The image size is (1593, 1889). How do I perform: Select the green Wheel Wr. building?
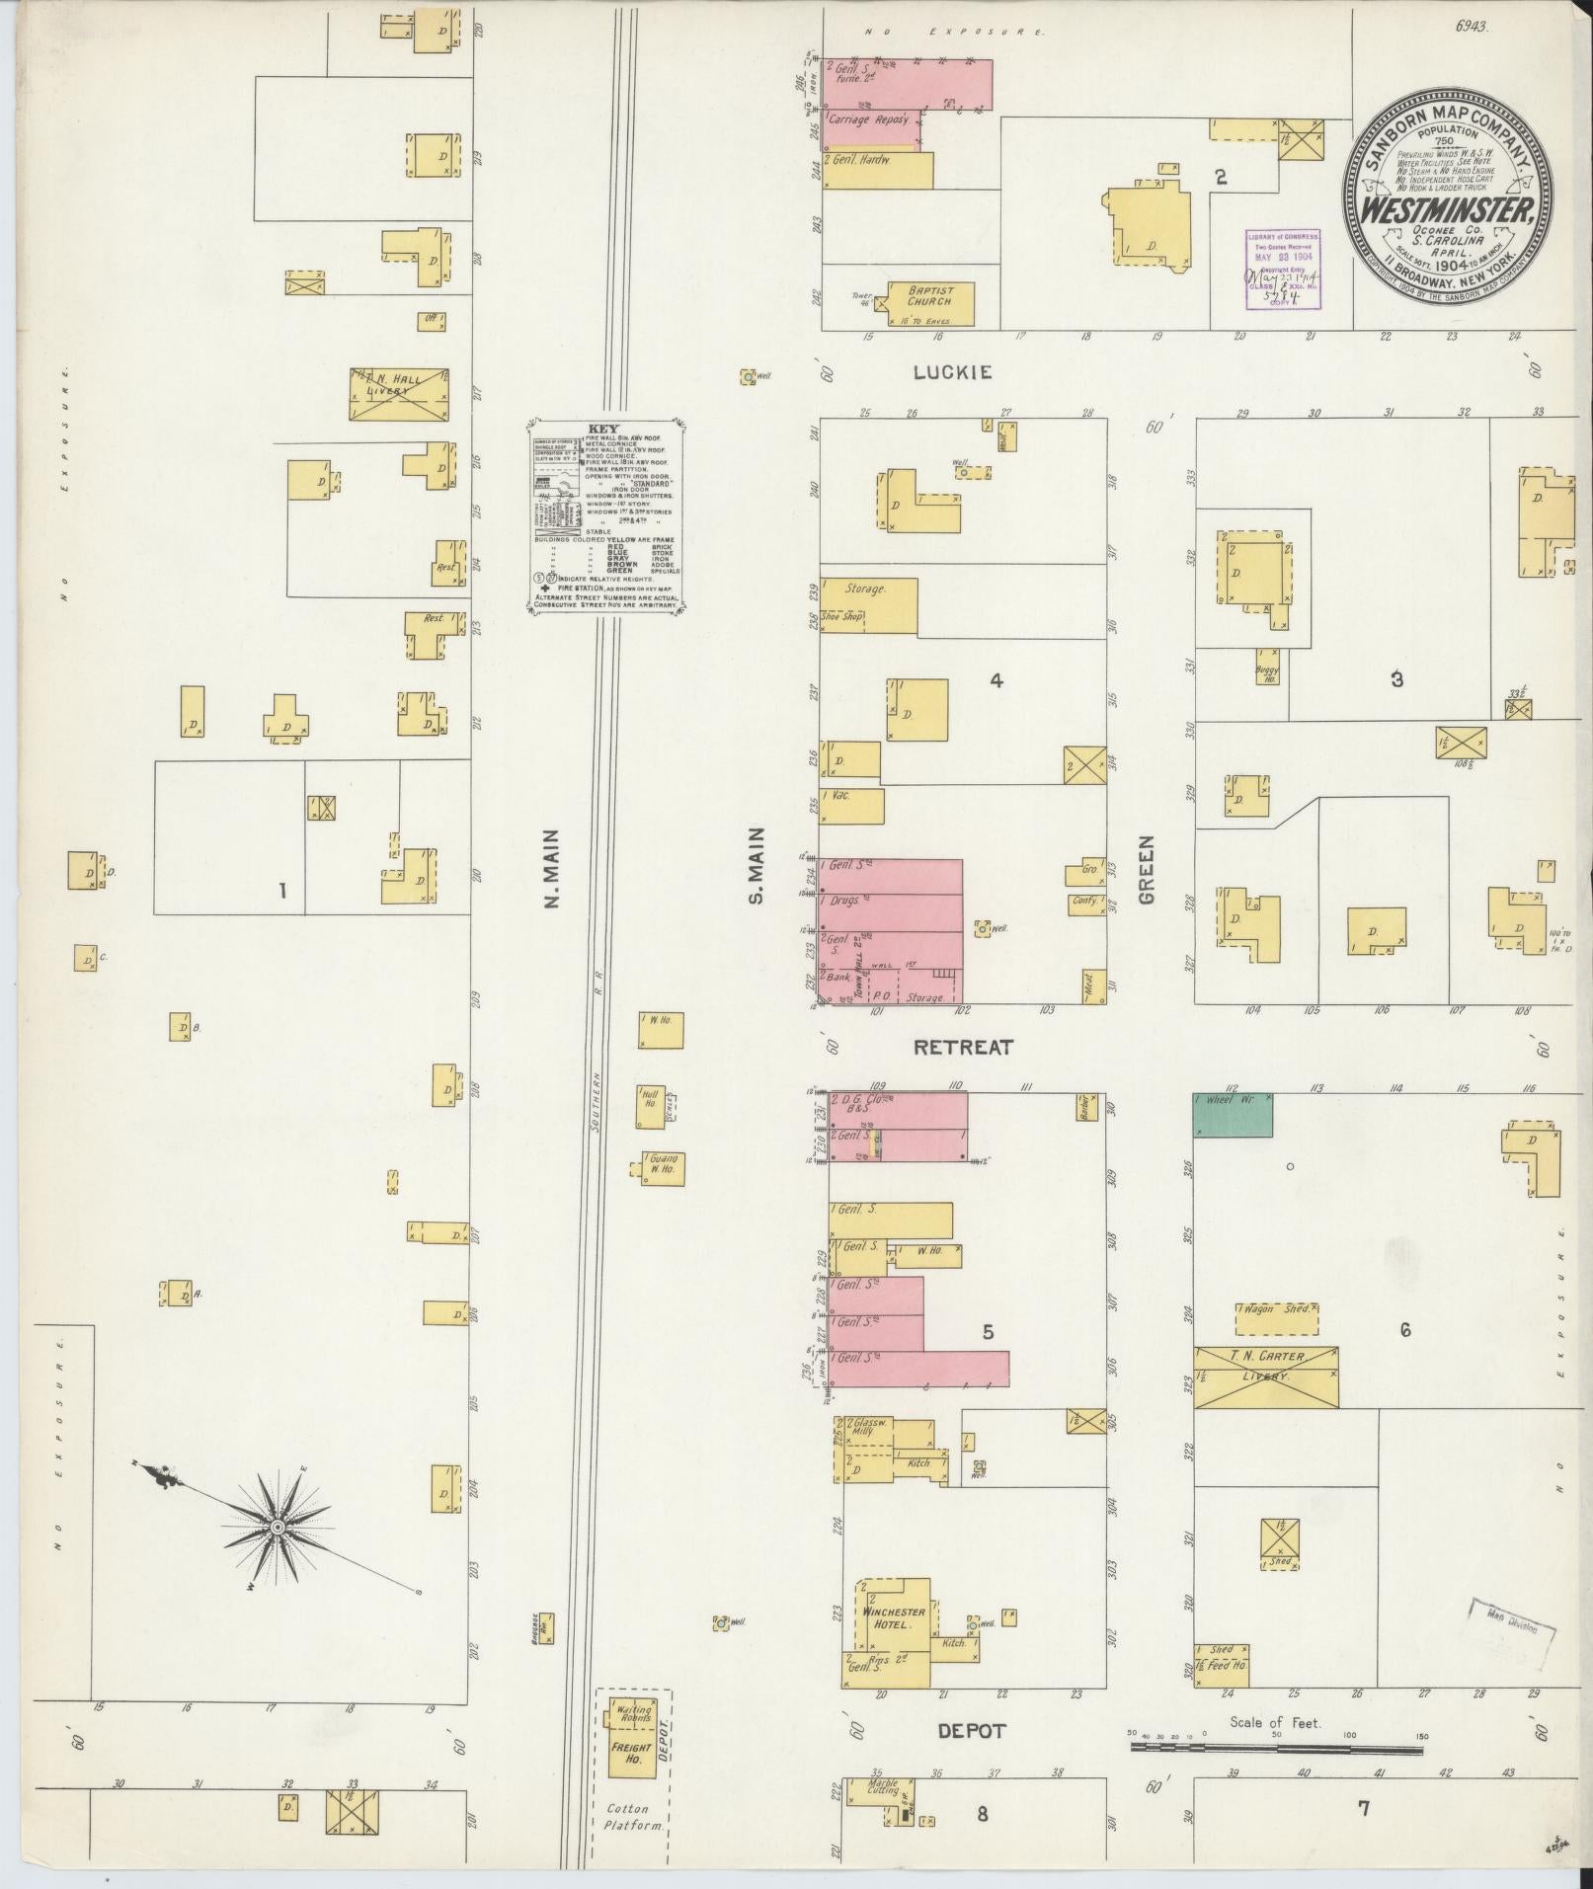(1232, 1114)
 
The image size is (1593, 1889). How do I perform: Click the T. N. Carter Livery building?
(1266, 1377)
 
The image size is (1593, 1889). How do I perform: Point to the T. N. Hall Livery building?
(399, 395)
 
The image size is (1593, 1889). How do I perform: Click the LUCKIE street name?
(952, 372)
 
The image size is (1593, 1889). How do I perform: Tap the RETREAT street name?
(963, 1048)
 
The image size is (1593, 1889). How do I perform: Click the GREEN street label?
(1146, 870)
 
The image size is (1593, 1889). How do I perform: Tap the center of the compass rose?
(278, 1555)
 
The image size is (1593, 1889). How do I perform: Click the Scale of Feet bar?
(1276, 1748)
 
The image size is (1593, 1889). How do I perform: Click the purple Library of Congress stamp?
(1281, 269)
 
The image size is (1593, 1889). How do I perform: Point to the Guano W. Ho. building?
(662, 1168)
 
